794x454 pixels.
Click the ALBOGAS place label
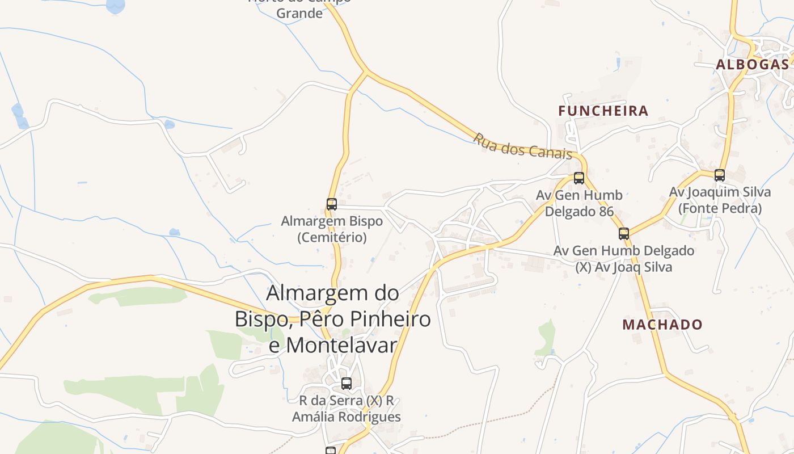(x=752, y=64)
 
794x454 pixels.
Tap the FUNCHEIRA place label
(x=603, y=111)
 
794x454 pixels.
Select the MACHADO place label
(x=662, y=325)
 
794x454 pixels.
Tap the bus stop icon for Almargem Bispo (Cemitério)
(x=332, y=204)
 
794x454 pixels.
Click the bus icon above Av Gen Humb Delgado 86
(x=579, y=178)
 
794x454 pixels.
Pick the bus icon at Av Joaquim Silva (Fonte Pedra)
(x=720, y=175)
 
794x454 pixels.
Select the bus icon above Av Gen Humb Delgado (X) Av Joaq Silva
(x=624, y=233)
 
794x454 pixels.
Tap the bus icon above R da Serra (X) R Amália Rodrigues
(x=347, y=383)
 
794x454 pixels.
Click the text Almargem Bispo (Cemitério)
(x=332, y=229)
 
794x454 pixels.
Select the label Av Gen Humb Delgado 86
(x=579, y=203)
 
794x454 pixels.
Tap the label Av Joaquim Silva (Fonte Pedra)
(x=720, y=200)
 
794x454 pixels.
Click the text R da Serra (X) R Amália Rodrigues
(x=347, y=409)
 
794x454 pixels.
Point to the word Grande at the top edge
(x=299, y=13)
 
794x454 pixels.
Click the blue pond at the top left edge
(x=115, y=6)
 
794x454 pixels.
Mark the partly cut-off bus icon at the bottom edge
(x=331, y=450)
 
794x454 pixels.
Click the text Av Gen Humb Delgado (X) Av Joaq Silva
(x=624, y=258)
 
